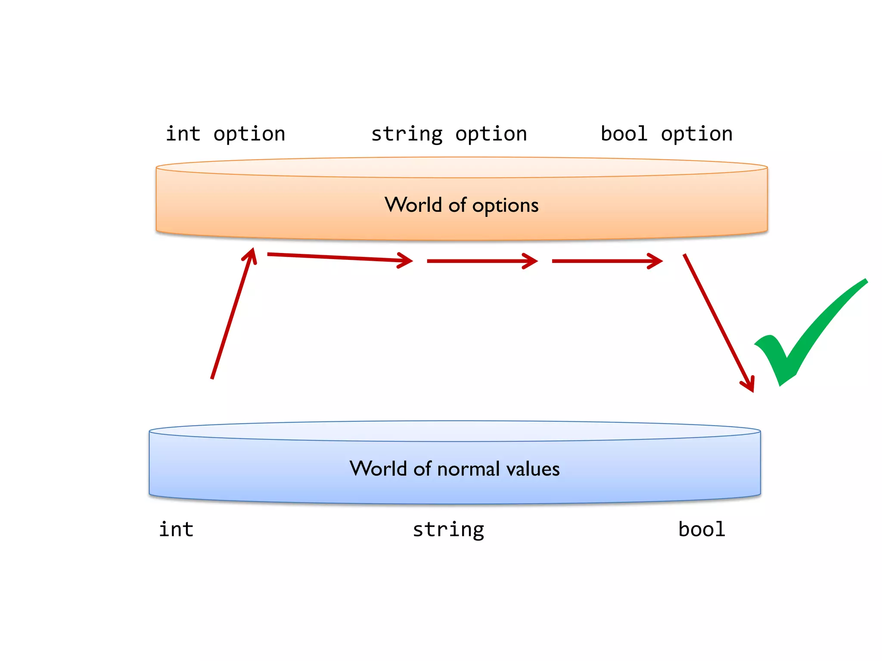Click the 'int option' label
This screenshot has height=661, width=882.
[x=226, y=134]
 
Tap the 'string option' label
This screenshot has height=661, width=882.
[x=449, y=134]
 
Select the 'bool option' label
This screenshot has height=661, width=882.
[x=667, y=134]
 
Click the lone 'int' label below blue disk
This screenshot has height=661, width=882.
[x=176, y=529]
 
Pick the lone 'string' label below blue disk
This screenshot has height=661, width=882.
[x=448, y=530]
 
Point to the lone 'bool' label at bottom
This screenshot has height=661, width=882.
[x=702, y=529]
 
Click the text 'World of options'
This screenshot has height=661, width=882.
[x=461, y=205]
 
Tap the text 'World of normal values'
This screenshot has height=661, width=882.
[x=454, y=469]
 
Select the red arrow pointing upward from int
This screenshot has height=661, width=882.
[x=233, y=314]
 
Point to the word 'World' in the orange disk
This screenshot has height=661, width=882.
[x=413, y=205]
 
